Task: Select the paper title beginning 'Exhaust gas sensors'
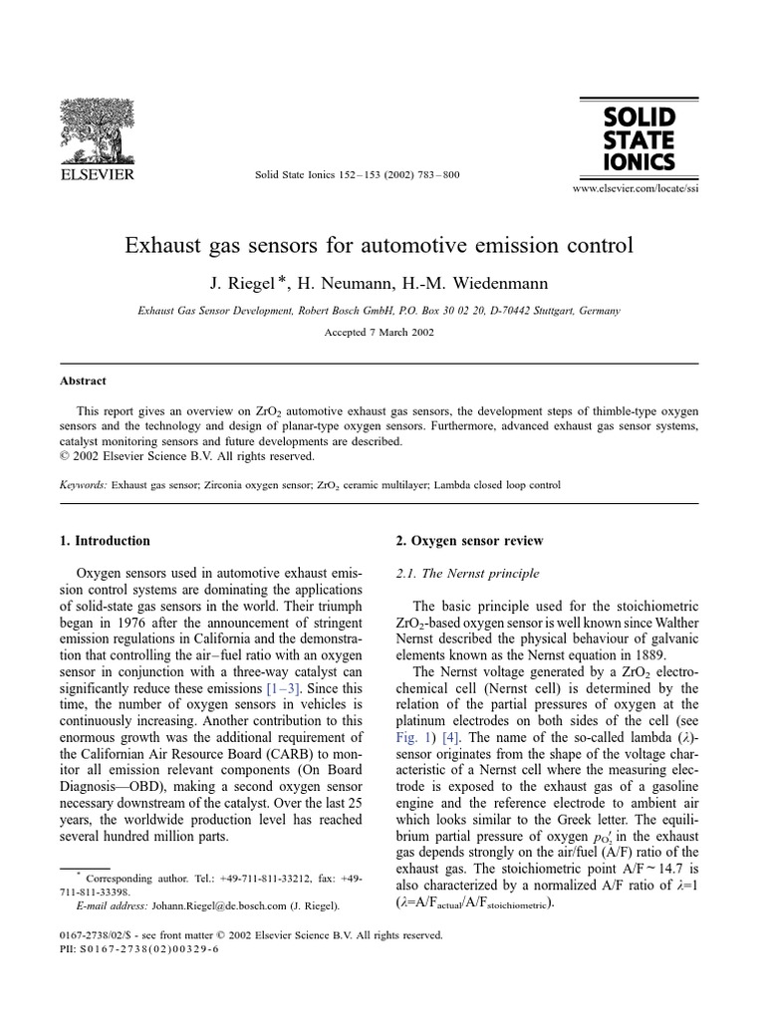(379, 245)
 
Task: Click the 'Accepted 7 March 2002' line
(379, 333)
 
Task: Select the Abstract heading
(80, 381)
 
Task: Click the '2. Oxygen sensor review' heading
(470, 541)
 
